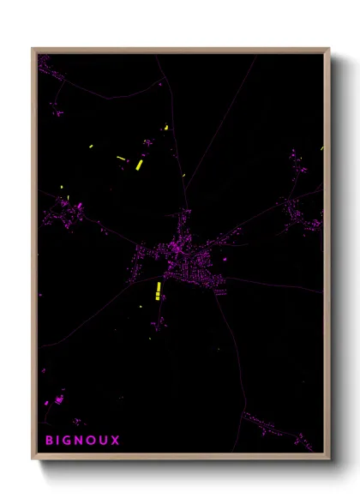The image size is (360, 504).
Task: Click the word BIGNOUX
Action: click(x=82, y=441)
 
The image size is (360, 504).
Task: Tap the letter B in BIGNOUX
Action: click(x=50, y=441)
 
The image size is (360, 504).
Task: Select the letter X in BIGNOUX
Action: click(x=116, y=441)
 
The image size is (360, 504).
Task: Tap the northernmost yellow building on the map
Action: click(x=166, y=128)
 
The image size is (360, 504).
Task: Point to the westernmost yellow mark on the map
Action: click(x=62, y=189)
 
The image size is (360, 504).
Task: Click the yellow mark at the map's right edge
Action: click(x=322, y=147)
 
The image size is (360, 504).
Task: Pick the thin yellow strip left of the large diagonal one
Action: click(x=120, y=157)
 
